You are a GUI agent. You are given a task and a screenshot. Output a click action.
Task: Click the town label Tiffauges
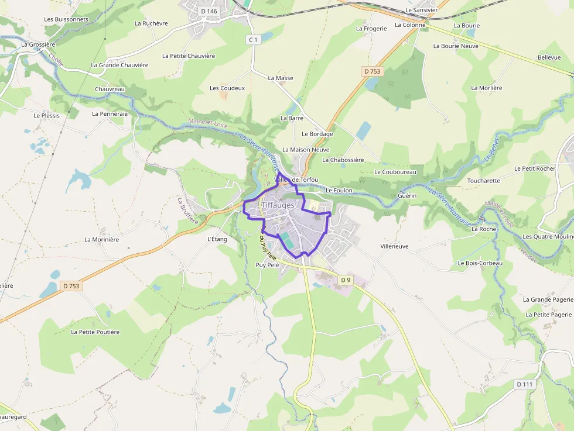coord(278,205)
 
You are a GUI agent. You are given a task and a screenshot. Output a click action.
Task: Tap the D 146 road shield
coord(209,11)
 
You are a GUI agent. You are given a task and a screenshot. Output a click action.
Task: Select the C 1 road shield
coord(253,40)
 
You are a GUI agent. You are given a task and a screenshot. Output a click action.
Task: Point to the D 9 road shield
coord(346,280)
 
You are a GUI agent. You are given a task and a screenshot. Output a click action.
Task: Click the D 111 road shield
coord(525,384)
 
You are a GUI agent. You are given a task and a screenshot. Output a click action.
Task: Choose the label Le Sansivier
coord(421,11)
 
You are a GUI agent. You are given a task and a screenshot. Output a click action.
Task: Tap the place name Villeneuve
coord(394,247)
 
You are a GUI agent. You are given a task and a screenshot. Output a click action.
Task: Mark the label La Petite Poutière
coord(95,332)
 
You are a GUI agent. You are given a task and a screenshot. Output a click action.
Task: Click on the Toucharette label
coord(483,181)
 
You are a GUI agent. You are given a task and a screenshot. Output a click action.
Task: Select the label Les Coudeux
coord(227,88)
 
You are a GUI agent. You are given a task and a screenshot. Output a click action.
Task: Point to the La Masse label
coord(281,78)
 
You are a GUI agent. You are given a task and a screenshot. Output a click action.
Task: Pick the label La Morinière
coord(102,239)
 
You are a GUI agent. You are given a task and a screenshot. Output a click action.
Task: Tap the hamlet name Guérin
coord(407,195)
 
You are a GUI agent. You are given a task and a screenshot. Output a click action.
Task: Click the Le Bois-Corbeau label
coord(480,263)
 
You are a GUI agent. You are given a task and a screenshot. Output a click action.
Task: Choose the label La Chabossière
coord(343,160)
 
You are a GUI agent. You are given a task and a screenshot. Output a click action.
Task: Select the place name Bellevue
coord(549,57)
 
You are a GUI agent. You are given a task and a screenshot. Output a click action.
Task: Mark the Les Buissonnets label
coord(66,19)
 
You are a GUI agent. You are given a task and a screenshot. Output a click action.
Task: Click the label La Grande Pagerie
coord(548,299)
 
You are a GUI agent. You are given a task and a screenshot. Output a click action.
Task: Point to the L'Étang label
coord(217,239)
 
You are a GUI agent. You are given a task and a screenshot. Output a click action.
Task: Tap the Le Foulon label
coord(339,190)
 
